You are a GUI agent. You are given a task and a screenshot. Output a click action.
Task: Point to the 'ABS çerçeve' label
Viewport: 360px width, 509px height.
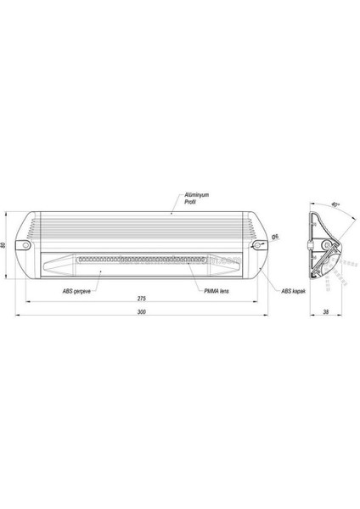(77, 290)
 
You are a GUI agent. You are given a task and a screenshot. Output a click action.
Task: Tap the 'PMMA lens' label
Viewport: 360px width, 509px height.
(217, 290)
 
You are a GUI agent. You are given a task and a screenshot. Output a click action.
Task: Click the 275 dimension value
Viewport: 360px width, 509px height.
(142, 299)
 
